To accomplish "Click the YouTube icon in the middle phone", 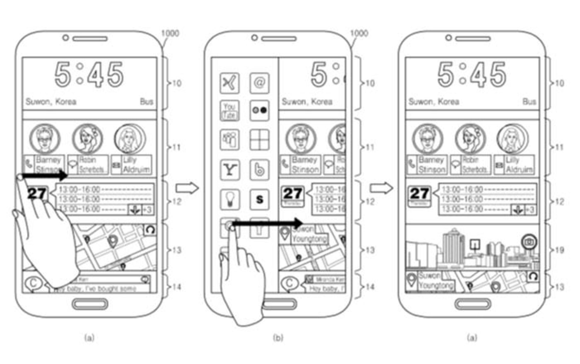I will pyautogui.click(x=230, y=111).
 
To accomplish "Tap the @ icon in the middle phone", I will pyautogui.click(x=259, y=83).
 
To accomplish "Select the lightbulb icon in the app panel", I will pyautogui.click(x=230, y=199).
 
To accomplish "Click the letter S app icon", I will pyautogui.click(x=259, y=199).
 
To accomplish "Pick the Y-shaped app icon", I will pyautogui.click(x=230, y=170).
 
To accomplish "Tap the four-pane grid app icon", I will pyautogui.click(x=259, y=140).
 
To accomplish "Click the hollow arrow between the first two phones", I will pyautogui.click(x=187, y=188).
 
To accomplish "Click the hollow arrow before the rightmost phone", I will pyautogui.click(x=382, y=188).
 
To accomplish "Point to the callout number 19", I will pyautogui.click(x=559, y=250).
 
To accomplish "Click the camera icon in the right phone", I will pyautogui.click(x=529, y=242).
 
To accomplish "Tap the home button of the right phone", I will pyautogui.click(x=473, y=304).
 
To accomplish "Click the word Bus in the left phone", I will pyautogui.click(x=147, y=102).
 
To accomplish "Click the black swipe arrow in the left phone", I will pyautogui.click(x=45, y=175).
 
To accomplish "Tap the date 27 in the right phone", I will pyautogui.click(x=419, y=193).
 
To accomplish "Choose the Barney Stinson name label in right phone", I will pyautogui.click(x=431, y=165).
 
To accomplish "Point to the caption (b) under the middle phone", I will pyautogui.click(x=278, y=337).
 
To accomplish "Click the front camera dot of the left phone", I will pyautogui.click(x=65, y=38).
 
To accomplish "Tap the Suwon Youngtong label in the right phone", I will pyautogui.click(x=435, y=281).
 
